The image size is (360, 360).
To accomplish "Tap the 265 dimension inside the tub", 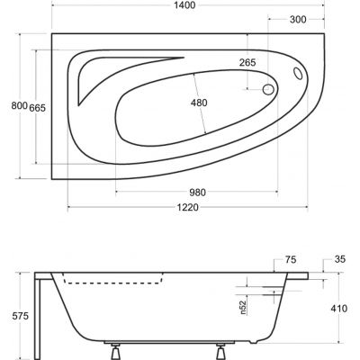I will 248,62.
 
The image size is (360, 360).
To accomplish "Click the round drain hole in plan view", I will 267,90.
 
